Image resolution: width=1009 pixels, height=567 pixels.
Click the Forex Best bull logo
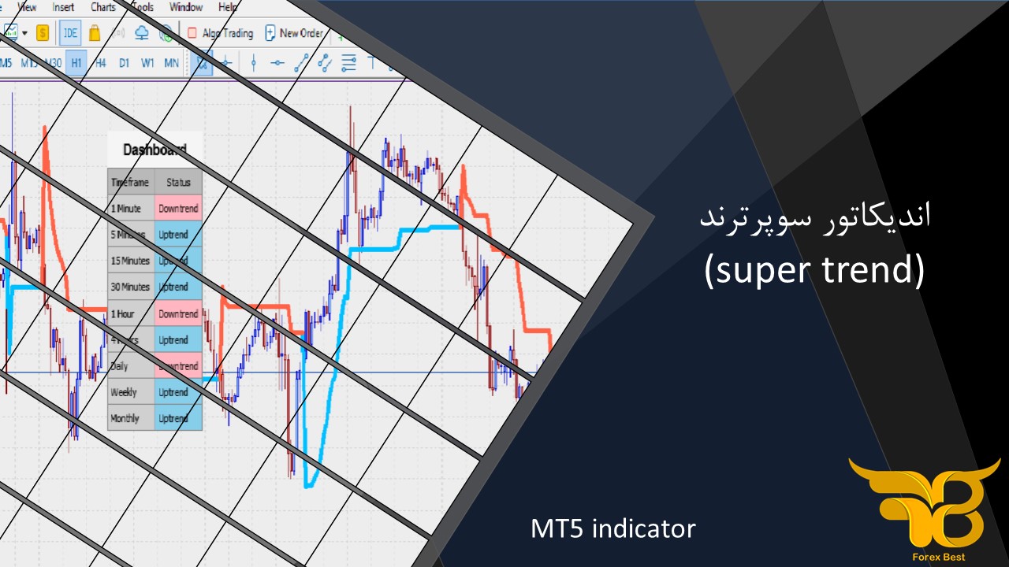pyautogui.click(x=923, y=500)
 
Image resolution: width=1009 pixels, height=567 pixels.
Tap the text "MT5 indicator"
pyautogui.click(x=613, y=528)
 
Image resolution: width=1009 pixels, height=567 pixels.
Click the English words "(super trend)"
pyautogui.click(x=814, y=270)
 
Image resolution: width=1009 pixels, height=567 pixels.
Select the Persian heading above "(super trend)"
pyautogui.click(x=815, y=217)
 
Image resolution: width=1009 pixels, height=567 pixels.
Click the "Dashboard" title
pyautogui.click(x=155, y=150)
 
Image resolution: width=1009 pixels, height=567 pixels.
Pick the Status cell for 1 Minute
pyautogui.click(x=178, y=209)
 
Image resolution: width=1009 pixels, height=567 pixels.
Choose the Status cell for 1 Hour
pyautogui.click(x=178, y=313)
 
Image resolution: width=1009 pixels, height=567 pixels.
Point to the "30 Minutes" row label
pyautogui.click(x=130, y=287)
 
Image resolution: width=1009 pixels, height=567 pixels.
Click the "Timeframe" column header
pyautogui.click(x=130, y=182)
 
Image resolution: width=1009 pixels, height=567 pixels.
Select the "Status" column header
pyautogui.click(x=179, y=182)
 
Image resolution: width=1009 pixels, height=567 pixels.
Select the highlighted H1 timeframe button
pyautogui.click(x=76, y=63)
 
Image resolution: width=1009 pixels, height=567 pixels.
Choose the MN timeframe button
pyautogui.click(x=171, y=63)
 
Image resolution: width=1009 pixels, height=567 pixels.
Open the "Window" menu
pyautogui.click(x=186, y=7)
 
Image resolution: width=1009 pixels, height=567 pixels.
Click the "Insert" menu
pyautogui.click(x=63, y=7)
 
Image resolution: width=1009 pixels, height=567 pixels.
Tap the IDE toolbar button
pyautogui.click(x=71, y=33)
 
